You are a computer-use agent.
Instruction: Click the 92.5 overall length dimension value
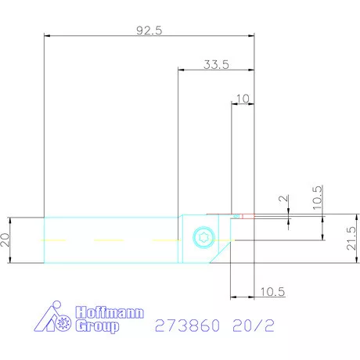click(x=149, y=31)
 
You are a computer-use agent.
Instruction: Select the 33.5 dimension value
click(x=215, y=65)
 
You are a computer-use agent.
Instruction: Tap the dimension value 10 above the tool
click(x=243, y=99)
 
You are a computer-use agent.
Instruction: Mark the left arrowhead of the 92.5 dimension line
click(x=46, y=36)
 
